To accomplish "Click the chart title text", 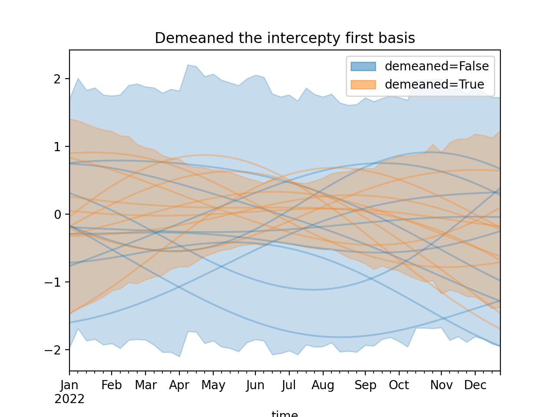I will (x=285, y=38).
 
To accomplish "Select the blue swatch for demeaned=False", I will (x=363, y=66).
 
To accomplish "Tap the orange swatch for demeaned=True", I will (x=363, y=84).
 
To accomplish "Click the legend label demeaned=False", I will (x=437, y=66).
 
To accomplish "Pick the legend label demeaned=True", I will (x=434, y=84).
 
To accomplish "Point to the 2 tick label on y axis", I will (x=56, y=79).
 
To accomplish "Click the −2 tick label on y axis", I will (x=53, y=350).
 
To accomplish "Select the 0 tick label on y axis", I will (x=56, y=214).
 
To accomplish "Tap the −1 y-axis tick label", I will (x=53, y=282).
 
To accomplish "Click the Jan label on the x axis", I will (x=69, y=385).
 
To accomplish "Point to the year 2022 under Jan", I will (x=69, y=399).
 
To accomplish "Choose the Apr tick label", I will (x=179, y=385).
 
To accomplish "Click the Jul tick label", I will (x=288, y=385).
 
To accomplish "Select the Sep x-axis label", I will (x=365, y=385).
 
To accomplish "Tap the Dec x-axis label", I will (x=475, y=385).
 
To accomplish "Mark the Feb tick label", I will (x=112, y=385).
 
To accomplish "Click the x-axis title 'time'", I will (x=285, y=414).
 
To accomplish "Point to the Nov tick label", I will (x=441, y=385).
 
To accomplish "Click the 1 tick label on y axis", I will (x=56, y=146).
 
